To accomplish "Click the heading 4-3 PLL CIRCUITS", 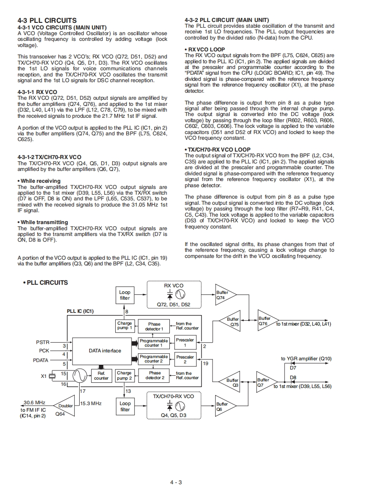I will (47, 20).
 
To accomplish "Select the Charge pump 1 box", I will (125, 326).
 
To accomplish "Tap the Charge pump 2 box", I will (125, 375).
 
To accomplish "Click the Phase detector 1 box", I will (154, 326).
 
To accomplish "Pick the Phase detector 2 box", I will (155, 375).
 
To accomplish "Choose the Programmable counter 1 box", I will (154, 343).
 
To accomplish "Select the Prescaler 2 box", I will (185, 359).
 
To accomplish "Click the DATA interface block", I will (105, 351).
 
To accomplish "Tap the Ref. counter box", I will (101, 375).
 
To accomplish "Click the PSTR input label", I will (43, 342).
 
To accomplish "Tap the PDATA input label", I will (41, 360).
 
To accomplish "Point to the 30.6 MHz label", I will (34, 402).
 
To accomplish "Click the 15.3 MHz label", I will (91, 403).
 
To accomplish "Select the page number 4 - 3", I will (176, 482).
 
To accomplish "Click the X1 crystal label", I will (44, 376).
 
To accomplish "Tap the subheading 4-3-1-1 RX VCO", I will (37, 92).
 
